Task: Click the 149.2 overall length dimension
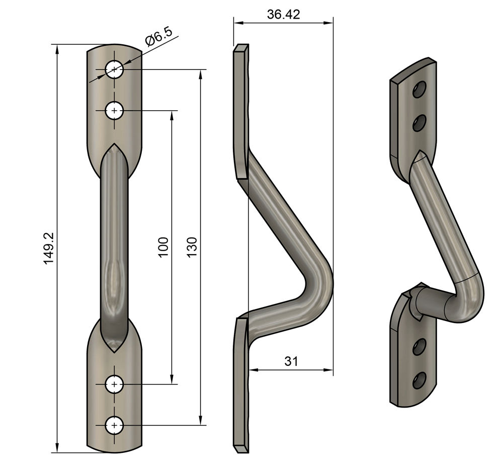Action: click(x=48, y=248)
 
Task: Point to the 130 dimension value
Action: click(x=192, y=247)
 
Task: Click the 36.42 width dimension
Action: click(x=283, y=14)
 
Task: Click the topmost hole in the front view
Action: click(x=115, y=69)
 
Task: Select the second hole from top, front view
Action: click(x=115, y=110)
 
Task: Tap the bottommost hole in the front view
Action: click(x=115, y=426)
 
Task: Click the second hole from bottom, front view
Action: click(x=115, y=384)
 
